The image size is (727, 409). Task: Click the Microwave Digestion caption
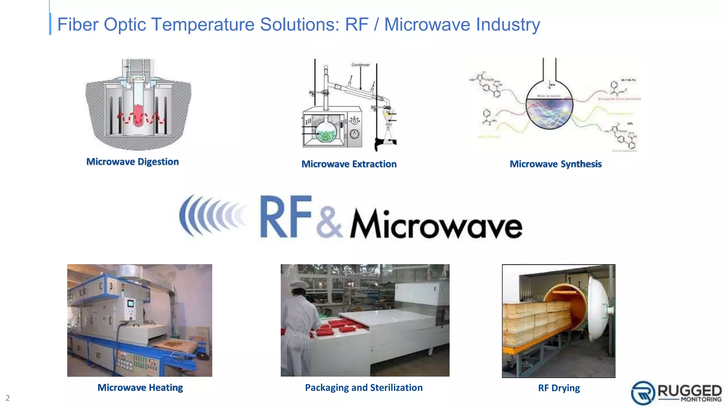point(132,162)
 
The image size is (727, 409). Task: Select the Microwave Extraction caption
point(349,164)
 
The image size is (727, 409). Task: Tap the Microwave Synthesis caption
point(556,164)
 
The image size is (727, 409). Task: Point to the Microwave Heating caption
point(140,388)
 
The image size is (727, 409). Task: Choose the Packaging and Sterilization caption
point(364,388)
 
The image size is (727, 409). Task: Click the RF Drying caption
point(559,388)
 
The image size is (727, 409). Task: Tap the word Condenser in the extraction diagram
point(360,65)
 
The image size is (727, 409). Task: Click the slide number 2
point(7,398)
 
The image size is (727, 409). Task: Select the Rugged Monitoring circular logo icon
point(643,393)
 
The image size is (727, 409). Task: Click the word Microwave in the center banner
point(436,224)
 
